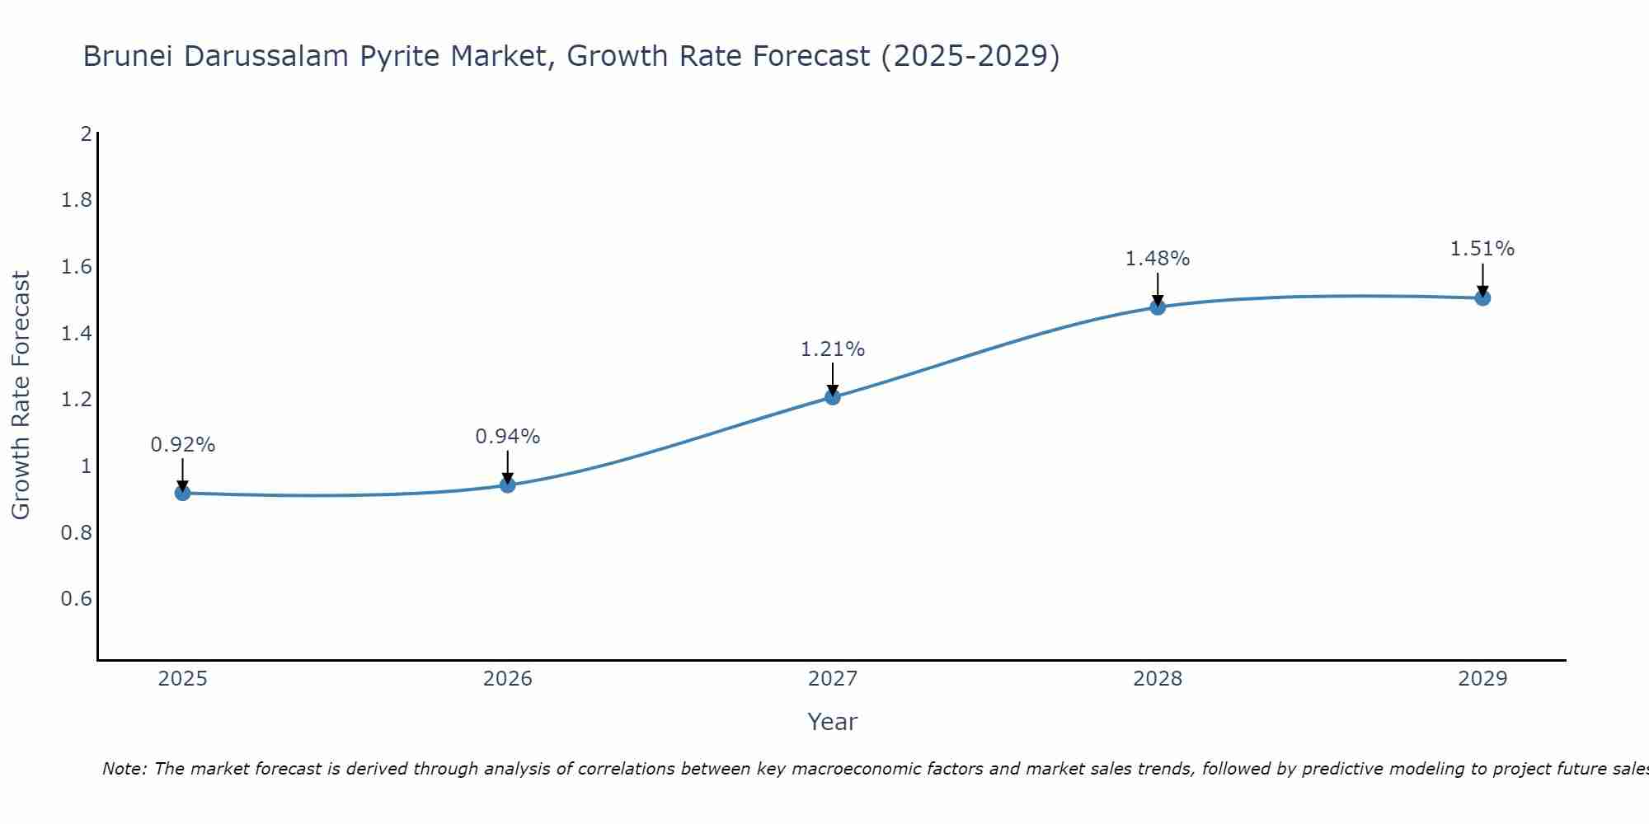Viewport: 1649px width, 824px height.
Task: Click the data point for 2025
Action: point(183,493)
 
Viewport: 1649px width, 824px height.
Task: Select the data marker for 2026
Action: point(508,485)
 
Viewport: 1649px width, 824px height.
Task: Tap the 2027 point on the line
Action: point(833,397)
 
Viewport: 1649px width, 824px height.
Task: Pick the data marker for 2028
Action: point(1158,307)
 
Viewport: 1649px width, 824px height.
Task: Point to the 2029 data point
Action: point(1482,297)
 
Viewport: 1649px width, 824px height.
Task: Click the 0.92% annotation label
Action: point(183,445)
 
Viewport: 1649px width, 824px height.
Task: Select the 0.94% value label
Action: point(508,437)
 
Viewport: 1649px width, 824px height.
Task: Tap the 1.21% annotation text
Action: point(833,349)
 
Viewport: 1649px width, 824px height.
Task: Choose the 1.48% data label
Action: point(1158,259)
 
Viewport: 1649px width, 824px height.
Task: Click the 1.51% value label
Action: point(1482,249)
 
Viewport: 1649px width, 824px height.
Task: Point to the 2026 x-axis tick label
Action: point(508,679)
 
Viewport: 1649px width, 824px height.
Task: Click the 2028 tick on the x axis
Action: point(1158,679)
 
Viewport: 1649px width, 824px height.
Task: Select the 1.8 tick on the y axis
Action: point(77,200)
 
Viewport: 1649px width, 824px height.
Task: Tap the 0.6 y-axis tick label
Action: point(77,598)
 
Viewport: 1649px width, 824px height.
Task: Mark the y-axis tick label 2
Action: point(86,133)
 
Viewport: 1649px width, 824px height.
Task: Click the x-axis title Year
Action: point(833,722)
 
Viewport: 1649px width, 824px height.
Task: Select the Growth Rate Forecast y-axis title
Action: point(21,396)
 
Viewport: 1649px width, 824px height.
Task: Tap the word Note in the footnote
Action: point(124,769)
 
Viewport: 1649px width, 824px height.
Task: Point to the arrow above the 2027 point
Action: point(833,379)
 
